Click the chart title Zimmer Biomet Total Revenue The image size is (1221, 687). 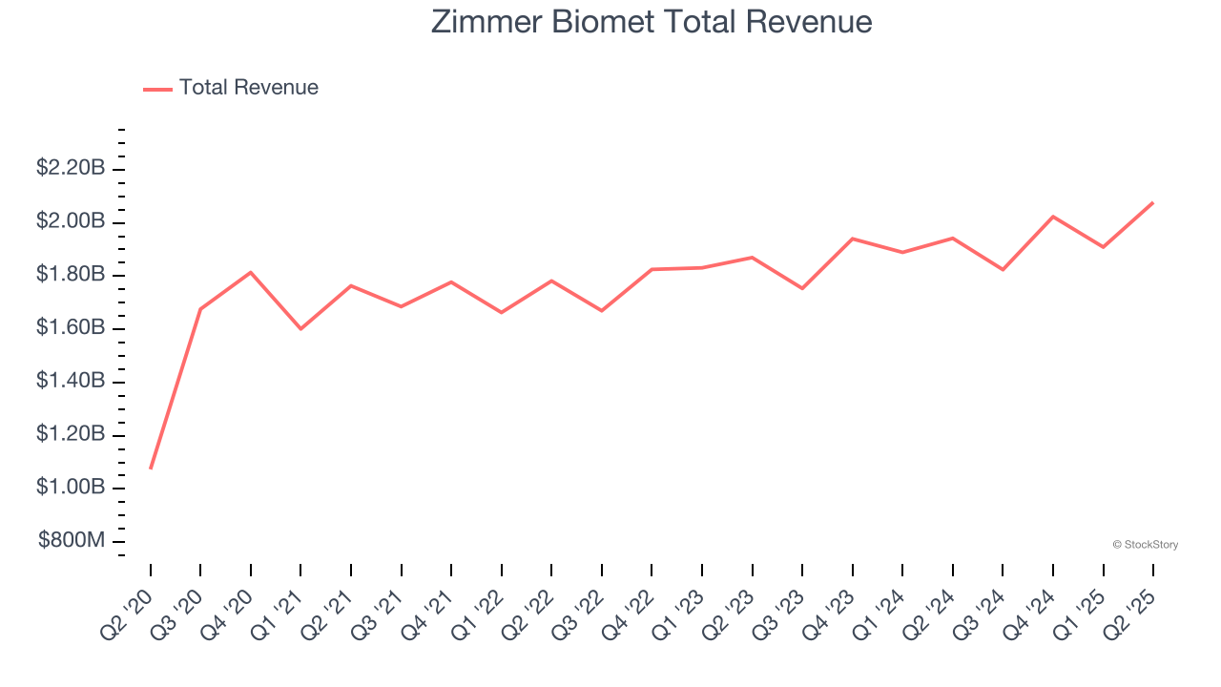652,22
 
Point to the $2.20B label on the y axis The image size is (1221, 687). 71,169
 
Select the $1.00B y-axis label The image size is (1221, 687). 71,488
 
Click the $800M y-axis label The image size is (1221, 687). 72,541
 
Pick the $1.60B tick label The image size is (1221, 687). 71,328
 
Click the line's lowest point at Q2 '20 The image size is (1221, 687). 151,468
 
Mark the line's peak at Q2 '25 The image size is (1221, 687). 1153,202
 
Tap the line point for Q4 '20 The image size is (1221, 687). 251,272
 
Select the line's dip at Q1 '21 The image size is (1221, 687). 300,329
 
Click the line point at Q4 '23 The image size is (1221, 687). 852,239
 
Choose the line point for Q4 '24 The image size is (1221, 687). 1053,217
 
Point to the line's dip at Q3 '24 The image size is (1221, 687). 1003,270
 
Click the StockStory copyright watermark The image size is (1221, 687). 1145,545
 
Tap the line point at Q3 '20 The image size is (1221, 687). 200,309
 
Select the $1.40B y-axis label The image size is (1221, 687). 71,382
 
